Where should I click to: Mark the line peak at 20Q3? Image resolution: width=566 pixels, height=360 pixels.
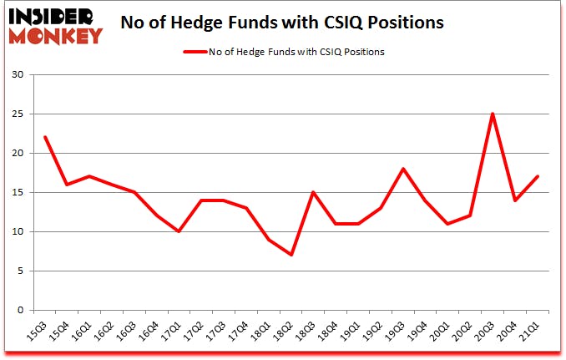[x=493, y=114]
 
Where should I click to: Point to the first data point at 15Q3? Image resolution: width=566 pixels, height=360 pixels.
[x=45, y=138]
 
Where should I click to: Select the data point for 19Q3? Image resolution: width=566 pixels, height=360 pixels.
[x=404, y=169]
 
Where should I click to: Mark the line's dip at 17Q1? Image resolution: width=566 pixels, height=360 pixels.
[x=179, y=231]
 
